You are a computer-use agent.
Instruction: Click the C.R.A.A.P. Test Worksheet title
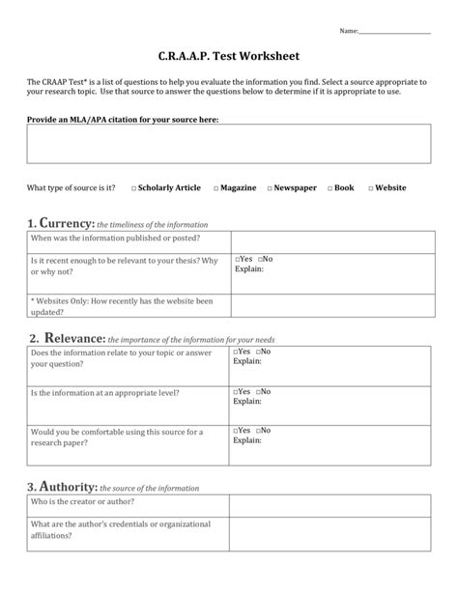pos(229,58)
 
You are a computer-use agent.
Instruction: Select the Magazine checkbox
pos(216,188)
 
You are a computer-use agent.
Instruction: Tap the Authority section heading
pos(62,487)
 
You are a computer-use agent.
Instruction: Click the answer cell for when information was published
pos(329,239)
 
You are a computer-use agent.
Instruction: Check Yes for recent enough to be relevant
pos(237,260)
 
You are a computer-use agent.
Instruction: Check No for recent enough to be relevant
pos(259,260)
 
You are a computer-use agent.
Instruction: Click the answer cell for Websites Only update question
pos(329,307)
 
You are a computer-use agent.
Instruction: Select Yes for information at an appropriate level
pos(237,391)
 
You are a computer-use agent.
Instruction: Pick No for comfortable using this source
pos(259,430)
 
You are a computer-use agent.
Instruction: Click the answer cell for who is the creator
pos(329,503)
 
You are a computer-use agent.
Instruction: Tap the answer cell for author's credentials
pos(329,532)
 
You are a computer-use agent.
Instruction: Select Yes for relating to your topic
pos(237,352)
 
